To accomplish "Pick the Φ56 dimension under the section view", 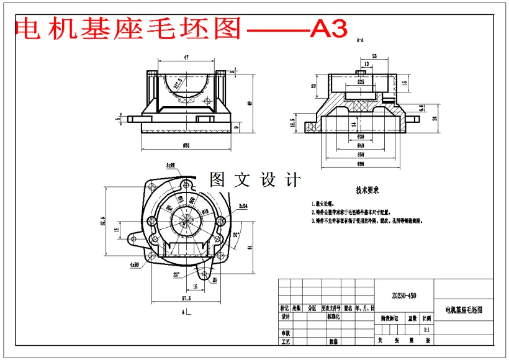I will pos(360,164).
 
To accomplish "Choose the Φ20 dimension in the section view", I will pos(360,137).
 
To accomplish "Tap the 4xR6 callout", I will pos(134,264).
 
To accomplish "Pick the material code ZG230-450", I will pos(403,295).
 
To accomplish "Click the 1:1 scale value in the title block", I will pos(426,330).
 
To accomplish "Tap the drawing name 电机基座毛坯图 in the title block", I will pos(464,308).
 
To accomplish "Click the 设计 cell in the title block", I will pos(286,317).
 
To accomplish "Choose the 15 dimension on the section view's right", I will pos(404,83).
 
